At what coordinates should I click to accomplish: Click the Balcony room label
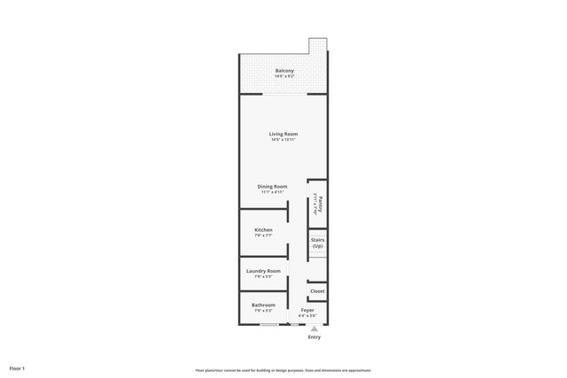[284, 71]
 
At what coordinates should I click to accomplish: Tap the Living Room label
[284, 135]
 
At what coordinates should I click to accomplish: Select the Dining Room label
[273, 187]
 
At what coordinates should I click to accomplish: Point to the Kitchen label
[263, 229]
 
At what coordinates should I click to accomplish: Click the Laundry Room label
[263, 271]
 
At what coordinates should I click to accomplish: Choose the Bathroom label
[263, 305]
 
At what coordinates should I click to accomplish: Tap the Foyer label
[307, 311]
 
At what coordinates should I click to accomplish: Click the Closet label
[317, 290]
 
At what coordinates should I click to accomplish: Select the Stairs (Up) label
[317, 243]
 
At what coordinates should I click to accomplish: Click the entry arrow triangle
[314, 328]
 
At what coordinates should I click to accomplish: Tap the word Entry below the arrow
[314, 337]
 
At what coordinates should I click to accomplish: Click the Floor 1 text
[17, 367]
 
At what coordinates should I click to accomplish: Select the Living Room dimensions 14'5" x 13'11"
[284, 140]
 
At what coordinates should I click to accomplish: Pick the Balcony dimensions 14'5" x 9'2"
[284, 76]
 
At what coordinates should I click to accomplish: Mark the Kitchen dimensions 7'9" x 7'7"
[263, 235]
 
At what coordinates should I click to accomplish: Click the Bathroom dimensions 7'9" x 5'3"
[263, 311]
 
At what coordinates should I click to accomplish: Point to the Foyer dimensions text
[307, 316]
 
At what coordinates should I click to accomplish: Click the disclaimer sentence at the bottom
[283, 370]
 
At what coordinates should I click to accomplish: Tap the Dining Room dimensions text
[273, 192]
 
